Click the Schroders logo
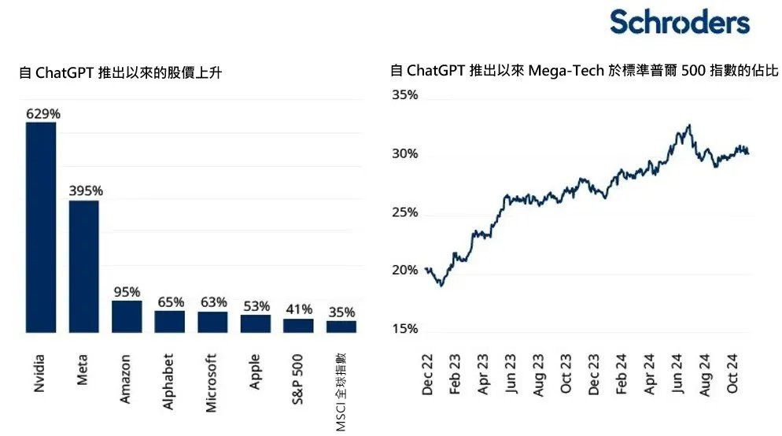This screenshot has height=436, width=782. [x=680, y=22]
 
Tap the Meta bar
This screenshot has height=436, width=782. [x=83, y=266]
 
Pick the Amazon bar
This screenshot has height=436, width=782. [x=127, y=316]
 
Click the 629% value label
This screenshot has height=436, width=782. [x=43, y=113]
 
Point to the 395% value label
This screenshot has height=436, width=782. [x=86, y=191]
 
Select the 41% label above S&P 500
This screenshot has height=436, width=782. [x=299, y=309]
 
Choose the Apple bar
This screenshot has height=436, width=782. [x=256, y=323]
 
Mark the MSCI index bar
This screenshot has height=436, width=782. [x=341, y=326]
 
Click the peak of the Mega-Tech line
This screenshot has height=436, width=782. [x=689, y=124]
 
